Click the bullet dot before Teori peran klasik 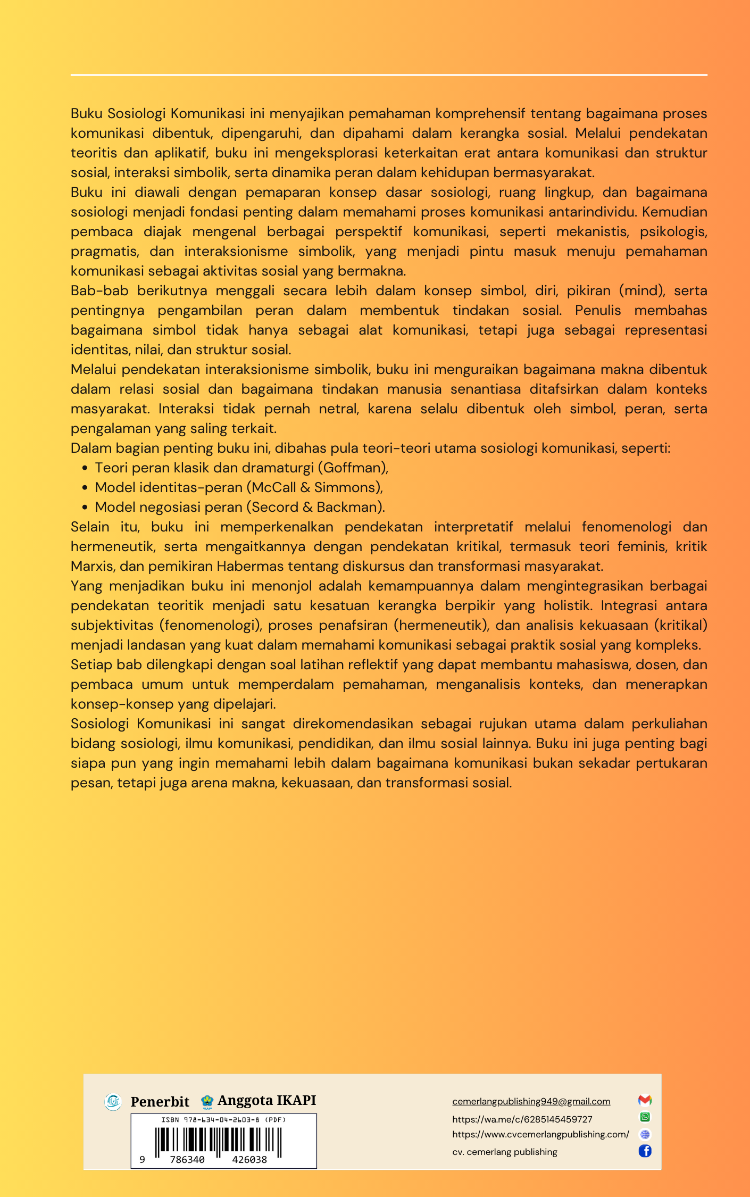(x=85, y=468)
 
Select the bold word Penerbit (x=160, y=1101)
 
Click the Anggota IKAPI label (x=266, y=1100)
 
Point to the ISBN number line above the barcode (x=223, y=1120)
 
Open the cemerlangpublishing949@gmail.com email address (x=531, y=1101)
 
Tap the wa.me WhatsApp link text (x=522, y=1119)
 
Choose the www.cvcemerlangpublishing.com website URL (x=540, y=1134)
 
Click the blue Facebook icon (x=645, y=1151)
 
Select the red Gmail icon (x=645, y=1100)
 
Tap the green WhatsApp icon (x=645, y=1117)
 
